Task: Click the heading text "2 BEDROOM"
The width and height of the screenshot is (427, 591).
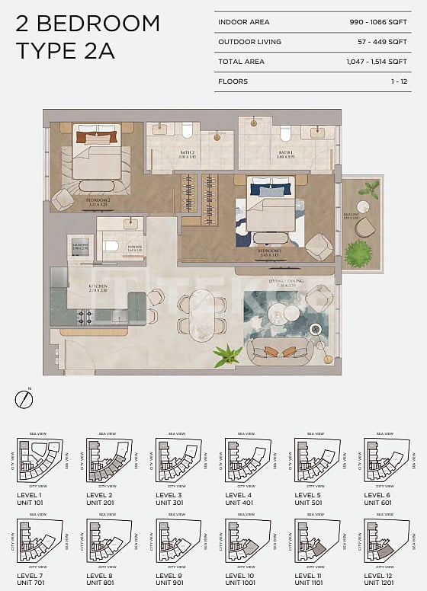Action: (x=88, y=24)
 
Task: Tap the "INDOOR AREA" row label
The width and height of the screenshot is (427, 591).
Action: (x=243, y=22)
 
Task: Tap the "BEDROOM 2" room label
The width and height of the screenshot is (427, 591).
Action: (x=97, y=203)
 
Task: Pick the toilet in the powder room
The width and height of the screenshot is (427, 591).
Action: (x=110, y=246)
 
